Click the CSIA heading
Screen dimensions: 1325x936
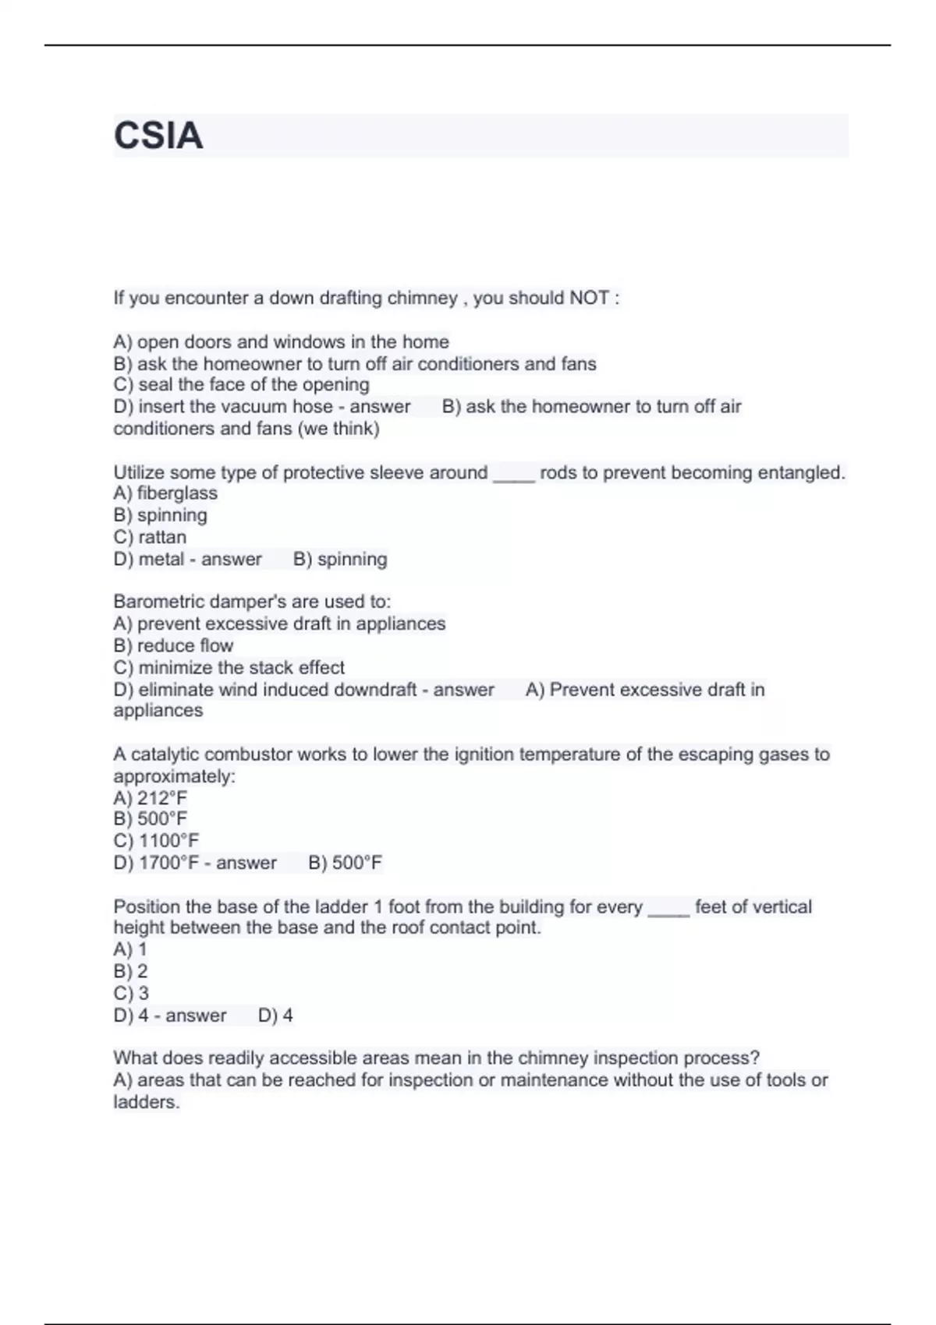coord(158,136)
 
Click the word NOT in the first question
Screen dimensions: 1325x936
coord(589,298)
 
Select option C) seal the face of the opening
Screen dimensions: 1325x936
coord(241,385)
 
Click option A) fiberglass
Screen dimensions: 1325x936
coord(165,493)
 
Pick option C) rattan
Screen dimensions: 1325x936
coord(150,537)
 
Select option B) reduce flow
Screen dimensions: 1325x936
coord(173,645)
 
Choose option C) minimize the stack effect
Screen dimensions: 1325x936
coord(229,668)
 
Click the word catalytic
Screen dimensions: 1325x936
coord(165,754)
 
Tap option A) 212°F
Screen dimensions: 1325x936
coord(151,798)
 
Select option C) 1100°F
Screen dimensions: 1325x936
coord(156,841)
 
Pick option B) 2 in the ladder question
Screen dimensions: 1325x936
coord(130,971)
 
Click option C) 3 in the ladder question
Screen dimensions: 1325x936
coord(131,993)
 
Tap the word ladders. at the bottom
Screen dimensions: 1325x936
coord(147,1102)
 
